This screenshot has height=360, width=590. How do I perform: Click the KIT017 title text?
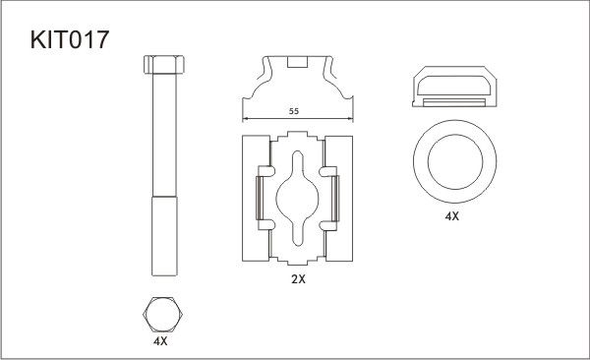pos(70,39)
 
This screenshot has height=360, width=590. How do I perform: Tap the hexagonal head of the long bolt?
pos(163,64)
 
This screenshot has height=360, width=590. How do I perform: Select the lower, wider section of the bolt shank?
pos(164,236)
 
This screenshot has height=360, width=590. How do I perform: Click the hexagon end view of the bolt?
pos(162,315)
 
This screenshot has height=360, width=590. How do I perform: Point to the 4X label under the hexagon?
pos(160,341)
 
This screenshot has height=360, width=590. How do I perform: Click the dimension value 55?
pos(294,111)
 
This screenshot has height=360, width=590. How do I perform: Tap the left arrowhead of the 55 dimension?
pos(245,119)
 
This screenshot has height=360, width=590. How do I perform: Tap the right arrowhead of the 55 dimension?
pos(350,119)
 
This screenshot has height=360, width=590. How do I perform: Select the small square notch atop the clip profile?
pos(298,62)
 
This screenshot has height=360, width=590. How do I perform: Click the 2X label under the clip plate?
pos(298,279)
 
